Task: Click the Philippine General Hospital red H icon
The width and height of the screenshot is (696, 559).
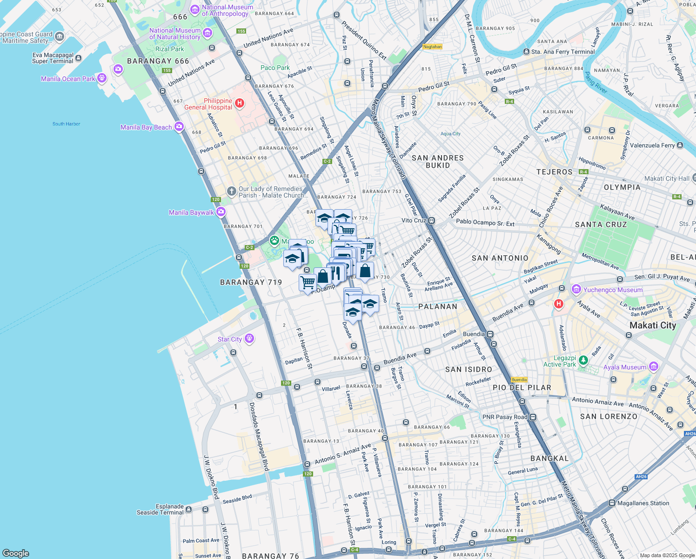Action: pyautogui.click(x=239, y=103)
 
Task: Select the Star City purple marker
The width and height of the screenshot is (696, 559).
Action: pyautogui.click(x=249, y=338)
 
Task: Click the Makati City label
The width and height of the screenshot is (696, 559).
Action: pyautogui.click(x=652, y=325)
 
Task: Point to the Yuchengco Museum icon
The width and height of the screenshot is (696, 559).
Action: pyautogui.click(x=576, y=289)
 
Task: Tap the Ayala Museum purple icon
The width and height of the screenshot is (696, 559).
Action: pyautogui.click(x=654, y=367)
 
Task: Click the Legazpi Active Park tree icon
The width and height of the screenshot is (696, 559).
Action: pyautogui.click(x=583, y=360)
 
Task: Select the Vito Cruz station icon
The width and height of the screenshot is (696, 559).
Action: pyautogui.click(x=432, y=220)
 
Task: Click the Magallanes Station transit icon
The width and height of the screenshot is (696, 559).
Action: pyautogui.click(x=611, y=503)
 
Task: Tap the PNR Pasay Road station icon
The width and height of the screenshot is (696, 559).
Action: pyautogui.click(x=533, y=417)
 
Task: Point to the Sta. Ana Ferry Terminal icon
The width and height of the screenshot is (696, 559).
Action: pyautogui.click(x=526, y=52)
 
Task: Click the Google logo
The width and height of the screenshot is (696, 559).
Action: pyautogui.click(x=16, y=553)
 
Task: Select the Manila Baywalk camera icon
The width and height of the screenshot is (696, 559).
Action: pyautogui.click(x=221, y=212)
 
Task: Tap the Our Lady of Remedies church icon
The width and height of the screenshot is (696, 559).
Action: pyautogui.click(x=231, y=191)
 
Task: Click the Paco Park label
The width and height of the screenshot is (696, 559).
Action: pyautogui.click(x=275, y=68)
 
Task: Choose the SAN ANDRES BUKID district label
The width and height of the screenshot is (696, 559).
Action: pyautogui.click(x=437, y=161)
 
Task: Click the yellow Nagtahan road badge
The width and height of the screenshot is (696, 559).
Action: pyautogui.click(x=432, y=47)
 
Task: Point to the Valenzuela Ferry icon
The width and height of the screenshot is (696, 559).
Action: pyautogui.click(x=680, y=145)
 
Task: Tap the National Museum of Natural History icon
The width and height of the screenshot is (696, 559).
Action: pyautogui.click(x=207, y=33)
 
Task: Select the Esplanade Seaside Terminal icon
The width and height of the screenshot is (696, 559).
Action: pyautogui.click(x=188, y=509)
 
